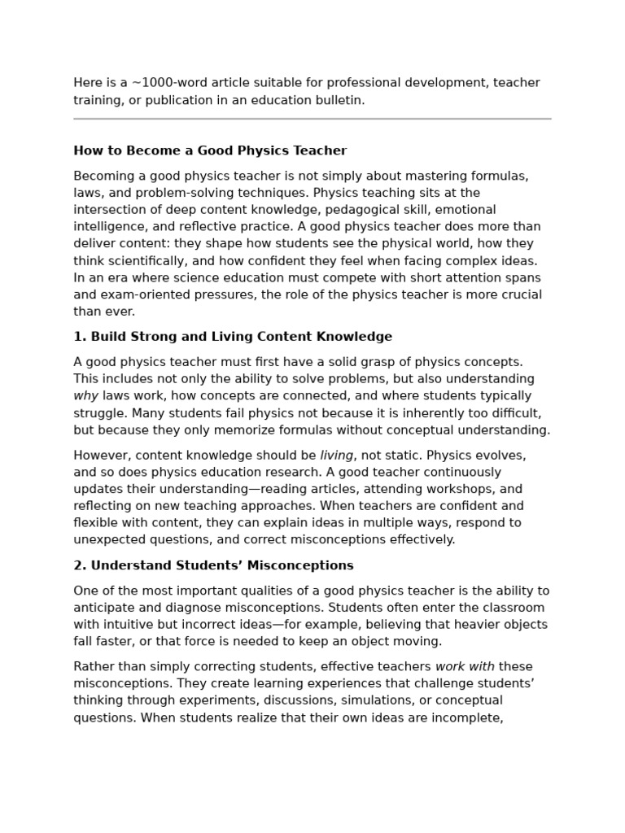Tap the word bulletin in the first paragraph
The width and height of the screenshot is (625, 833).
pos(335,100)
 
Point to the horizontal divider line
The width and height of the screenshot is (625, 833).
pos(312,119)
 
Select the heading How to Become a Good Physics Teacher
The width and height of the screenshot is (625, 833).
pos(210,150)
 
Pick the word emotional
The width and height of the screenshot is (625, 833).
pos(505,210)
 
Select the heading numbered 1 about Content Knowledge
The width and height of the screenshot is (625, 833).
pos(233,337)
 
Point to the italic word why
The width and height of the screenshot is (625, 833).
pos(85,396)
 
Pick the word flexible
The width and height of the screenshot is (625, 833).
pos(95,523)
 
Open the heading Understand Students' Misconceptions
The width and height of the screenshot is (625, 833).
pos(213,565)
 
